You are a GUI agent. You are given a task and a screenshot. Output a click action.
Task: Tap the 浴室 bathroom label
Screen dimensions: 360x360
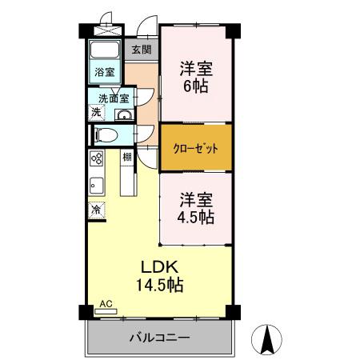pyautogui.click(x=104, y=72)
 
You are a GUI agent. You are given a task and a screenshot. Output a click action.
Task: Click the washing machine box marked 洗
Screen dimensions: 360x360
pyautogui.click(x=96, y=114)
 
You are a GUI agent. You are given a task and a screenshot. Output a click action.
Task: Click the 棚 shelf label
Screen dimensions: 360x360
pyautogui.click(x=127, y=157)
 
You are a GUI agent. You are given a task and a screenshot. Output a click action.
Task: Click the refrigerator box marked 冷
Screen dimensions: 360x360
pyautogui.click(x=96, y=210)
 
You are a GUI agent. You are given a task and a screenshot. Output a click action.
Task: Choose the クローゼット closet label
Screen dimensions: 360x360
pyautogui.click(x=196, y=148)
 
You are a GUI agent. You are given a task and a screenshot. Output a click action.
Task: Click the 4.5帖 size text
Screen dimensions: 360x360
pyautogui.click(x=196, y=217)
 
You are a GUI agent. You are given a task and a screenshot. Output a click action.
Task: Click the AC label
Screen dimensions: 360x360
pyautogui.click(x=106, y=305)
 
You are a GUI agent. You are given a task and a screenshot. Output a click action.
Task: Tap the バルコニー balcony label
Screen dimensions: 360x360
pyautogui.click(x=160, y=338)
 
